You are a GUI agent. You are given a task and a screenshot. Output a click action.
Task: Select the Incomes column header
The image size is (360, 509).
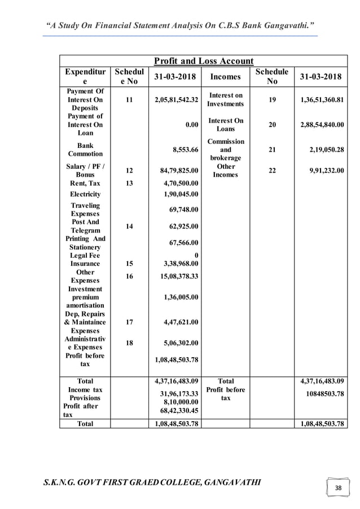[225, 77]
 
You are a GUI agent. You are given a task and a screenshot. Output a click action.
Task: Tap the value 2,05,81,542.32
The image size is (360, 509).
[176, 100]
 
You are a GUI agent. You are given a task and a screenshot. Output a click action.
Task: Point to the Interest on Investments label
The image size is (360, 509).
[225, 100]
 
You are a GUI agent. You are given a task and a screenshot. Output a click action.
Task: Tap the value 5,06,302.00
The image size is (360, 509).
[180, 342]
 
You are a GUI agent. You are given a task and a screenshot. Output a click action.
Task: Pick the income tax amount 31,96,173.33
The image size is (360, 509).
[178, 393]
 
